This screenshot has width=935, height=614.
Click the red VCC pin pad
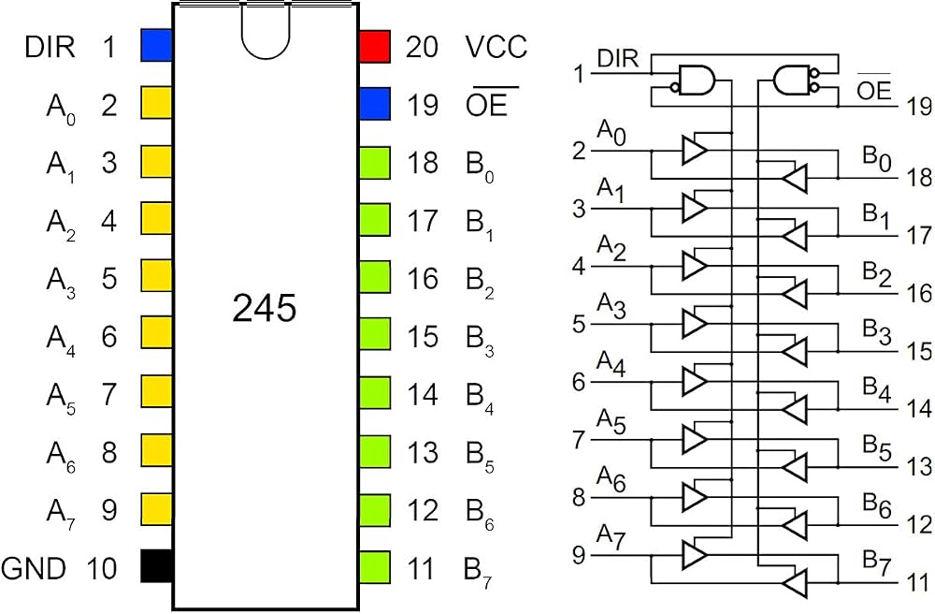(375, 47)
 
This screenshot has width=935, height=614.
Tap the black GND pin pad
(157, 565)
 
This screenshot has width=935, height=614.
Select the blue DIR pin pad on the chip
(157, 45)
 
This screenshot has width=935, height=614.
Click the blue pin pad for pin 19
(375, 104)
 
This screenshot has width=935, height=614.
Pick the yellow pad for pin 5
(157, 276)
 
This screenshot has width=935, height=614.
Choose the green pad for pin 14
(375, 392)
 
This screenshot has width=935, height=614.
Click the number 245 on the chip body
(265, 309)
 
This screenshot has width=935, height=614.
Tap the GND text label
(34, 568)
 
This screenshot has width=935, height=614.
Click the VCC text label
(496, 47)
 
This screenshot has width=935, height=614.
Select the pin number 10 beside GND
(102, 568)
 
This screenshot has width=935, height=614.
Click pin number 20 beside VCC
(423, 47)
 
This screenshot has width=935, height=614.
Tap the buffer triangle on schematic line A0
(695, 150)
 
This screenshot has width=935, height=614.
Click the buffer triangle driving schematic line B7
(794, 583)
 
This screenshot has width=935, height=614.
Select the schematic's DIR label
(618, 59)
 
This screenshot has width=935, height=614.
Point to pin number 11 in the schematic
(919, 583)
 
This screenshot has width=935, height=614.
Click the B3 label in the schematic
(877, 333)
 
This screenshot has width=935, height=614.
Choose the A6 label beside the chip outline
(61, 455)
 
